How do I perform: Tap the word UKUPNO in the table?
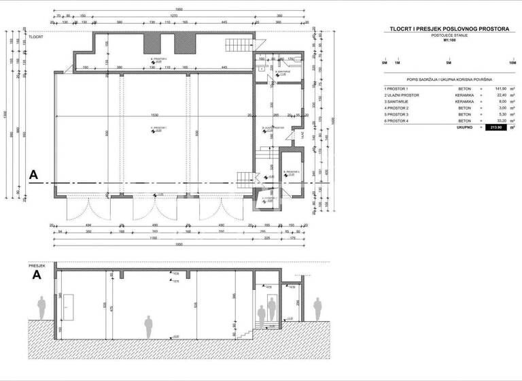(x=464, y=127)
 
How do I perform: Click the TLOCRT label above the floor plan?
(x=35, y=37)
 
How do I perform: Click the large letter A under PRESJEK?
(x=37, y=276)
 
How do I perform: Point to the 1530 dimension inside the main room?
(x=156, y=115)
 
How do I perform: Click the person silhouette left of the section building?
(x=41, y=308)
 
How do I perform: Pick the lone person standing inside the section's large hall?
(x=147, y=327)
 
